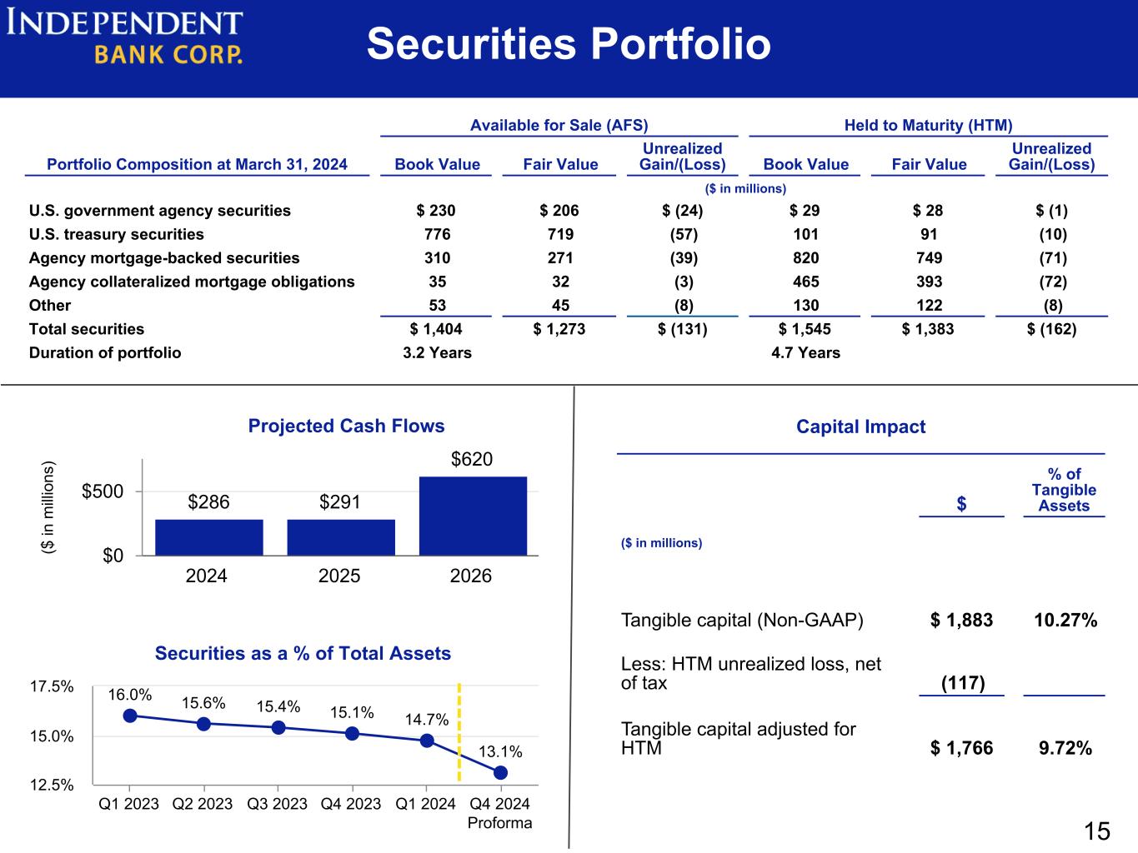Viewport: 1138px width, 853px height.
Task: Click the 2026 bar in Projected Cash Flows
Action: [473, 516]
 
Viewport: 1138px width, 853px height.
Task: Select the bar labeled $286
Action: [209, 537]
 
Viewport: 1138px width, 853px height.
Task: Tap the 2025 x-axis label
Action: [339, 576]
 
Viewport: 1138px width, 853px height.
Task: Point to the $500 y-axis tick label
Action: [103, 491]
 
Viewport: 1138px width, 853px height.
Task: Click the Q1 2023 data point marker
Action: [130, 716]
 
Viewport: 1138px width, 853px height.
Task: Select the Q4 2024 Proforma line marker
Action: [500, 773]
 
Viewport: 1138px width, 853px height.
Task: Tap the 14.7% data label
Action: [427, 720]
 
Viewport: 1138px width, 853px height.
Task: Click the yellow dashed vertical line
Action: [459, 732]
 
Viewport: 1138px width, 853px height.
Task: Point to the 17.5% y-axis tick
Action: [52, 686]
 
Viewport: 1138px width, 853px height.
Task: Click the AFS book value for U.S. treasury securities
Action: [437, 234]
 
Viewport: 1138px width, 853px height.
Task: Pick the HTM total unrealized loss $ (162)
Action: [1051, 329]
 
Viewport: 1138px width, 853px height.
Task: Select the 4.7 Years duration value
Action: [805, 352]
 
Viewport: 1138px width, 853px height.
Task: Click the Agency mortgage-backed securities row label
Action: [164, 258]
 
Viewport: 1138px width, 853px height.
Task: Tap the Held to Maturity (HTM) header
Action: [928, 125]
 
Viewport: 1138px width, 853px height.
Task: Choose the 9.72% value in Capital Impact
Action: [1065, 748]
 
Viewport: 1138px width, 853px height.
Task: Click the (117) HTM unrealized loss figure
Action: [963, 682]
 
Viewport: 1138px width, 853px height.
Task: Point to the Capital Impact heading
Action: [860, 426]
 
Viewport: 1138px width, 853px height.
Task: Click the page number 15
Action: [1096, 831]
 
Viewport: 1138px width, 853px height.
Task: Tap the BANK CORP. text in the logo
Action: [168, 54]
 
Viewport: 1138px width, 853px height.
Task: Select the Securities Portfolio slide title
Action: [569, 43]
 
